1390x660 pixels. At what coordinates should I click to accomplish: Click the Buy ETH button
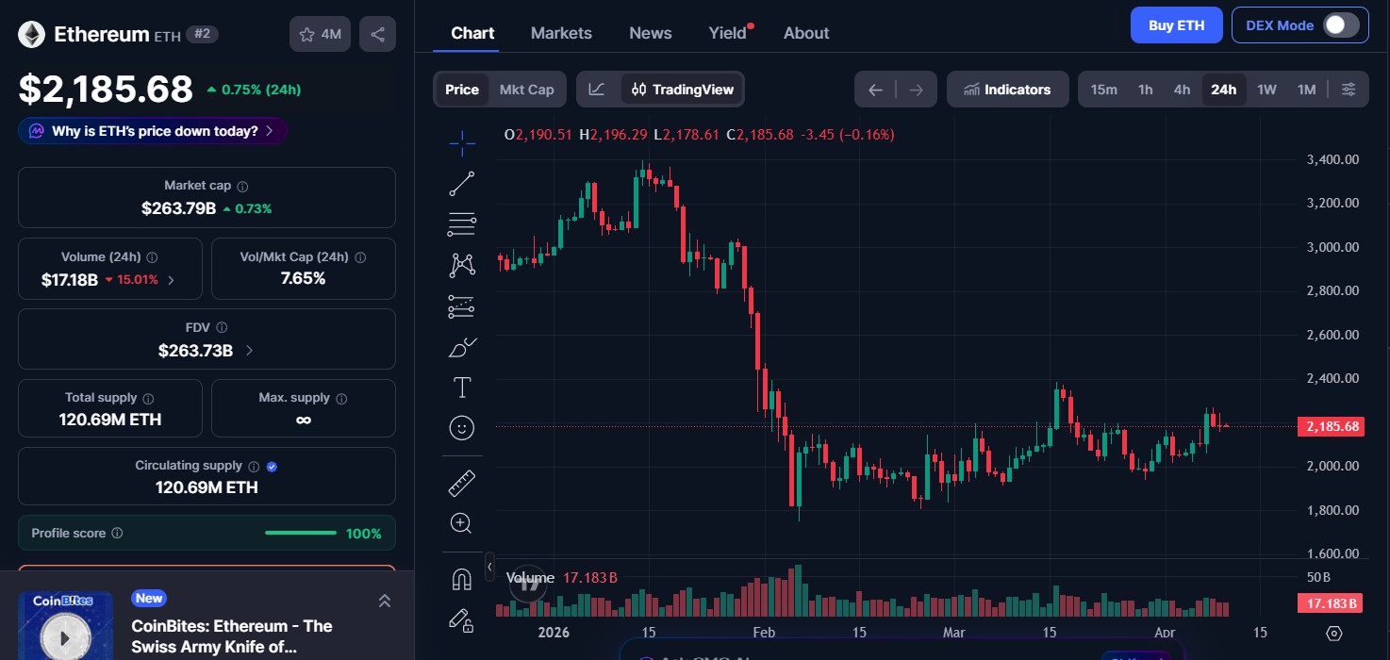click(x=1176, y=25)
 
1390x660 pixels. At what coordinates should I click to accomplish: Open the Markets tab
click(x=561, y=33)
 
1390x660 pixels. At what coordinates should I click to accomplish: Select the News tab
click(x=650, y=33)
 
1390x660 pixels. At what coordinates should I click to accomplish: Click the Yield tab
click(x=728, y=33)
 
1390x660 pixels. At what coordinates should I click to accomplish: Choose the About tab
click(x=805, y=33)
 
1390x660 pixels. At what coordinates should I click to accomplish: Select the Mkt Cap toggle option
click(x=526, y=90)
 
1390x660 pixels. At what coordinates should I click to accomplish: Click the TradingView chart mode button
click(x=683, y=90)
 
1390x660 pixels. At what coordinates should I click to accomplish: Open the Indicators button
click(x=1007, y=90)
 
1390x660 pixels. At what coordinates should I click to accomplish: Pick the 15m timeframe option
click(x=1103, y=90)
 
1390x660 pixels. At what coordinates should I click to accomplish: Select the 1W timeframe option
click(x=1266, y=90)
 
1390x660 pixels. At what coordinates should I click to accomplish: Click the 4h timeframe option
click(x=1182, y=90)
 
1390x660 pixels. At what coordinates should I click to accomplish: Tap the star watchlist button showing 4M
click(x=320, y=35)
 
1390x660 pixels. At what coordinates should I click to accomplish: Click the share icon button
click(x=377, y=35)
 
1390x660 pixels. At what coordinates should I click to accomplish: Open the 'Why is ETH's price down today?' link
click(x=153, y=131)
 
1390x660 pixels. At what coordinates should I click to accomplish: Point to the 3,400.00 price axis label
click(x=1332, y=159)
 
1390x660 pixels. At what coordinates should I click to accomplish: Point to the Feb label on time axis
click(x=763, y=632)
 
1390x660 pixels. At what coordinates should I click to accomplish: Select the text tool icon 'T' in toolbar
click(x=462, y=388)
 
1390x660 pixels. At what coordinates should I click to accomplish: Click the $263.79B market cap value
click(x=179, y=208)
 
